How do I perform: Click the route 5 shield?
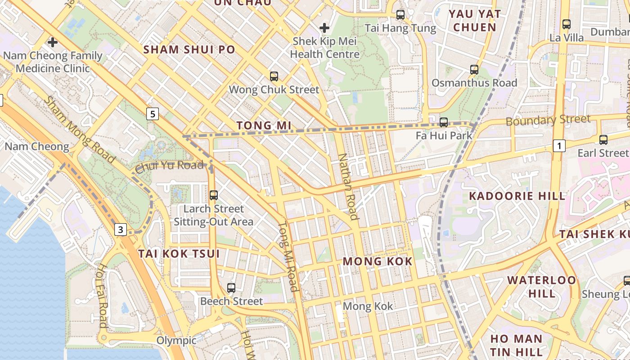click(153, 114)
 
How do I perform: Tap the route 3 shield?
click(120, 229)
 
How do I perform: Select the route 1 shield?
click(559, 146)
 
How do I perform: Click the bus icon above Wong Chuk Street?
click(274, 76)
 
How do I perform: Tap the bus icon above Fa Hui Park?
click(443, 122)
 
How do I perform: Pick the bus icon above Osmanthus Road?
click(474, 69)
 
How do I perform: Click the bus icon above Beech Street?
click(231, 288)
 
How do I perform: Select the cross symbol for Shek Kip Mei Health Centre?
click(324, 28)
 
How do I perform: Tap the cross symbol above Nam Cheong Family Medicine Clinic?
click(53, 43)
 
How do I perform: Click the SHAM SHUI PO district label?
click(189, 49)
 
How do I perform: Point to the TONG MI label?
click(264, 125)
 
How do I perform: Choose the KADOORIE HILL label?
click(517, 196)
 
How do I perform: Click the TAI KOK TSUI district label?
click(179, 254)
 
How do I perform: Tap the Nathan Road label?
click(348, 187)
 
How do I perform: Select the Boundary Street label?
click(548, 120)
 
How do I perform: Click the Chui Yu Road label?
click(169, 166)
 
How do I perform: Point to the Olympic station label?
click(176, 340)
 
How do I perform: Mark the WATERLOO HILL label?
click(542, 287)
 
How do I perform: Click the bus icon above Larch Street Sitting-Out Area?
click(213, 195)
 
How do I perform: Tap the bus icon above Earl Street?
click(603, 139)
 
